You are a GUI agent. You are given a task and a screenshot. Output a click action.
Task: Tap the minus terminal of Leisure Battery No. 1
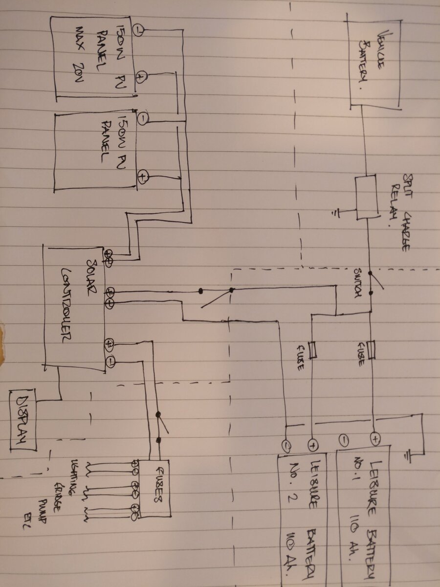[343, 439]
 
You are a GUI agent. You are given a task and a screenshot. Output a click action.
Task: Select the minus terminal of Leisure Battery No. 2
[286, 445]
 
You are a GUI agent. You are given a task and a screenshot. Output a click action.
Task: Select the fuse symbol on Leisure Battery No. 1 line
[374, 350]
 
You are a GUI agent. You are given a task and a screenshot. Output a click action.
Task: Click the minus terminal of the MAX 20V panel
[138, 31]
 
